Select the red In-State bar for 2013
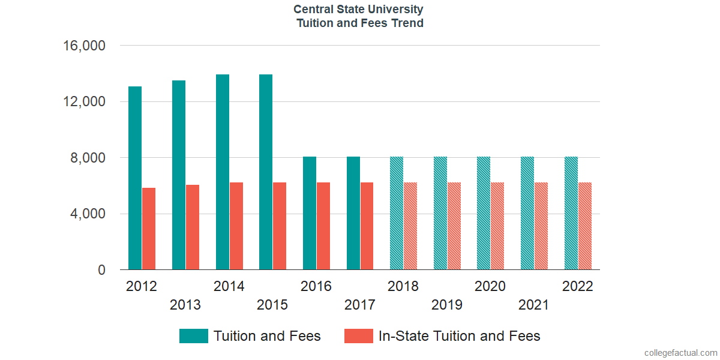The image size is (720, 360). [193, 227]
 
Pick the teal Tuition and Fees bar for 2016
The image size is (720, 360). [310, 213]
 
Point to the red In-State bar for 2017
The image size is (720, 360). [367, 226]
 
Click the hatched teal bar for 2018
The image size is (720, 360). [397, 213]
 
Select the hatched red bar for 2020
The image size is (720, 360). [497, 226]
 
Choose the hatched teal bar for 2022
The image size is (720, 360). [571, 213]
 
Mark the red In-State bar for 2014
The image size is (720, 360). [236, 226]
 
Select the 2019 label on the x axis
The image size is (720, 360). [447, 305]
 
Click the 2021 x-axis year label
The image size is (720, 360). [534, 305]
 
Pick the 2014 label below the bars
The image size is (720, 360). [229, 286]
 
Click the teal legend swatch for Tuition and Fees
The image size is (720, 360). [194, 336]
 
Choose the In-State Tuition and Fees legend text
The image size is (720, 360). [459, 336]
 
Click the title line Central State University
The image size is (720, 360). [359, 10]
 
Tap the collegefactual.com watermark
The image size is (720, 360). [680, 353]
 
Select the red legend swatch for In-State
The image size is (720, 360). [358, 336]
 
